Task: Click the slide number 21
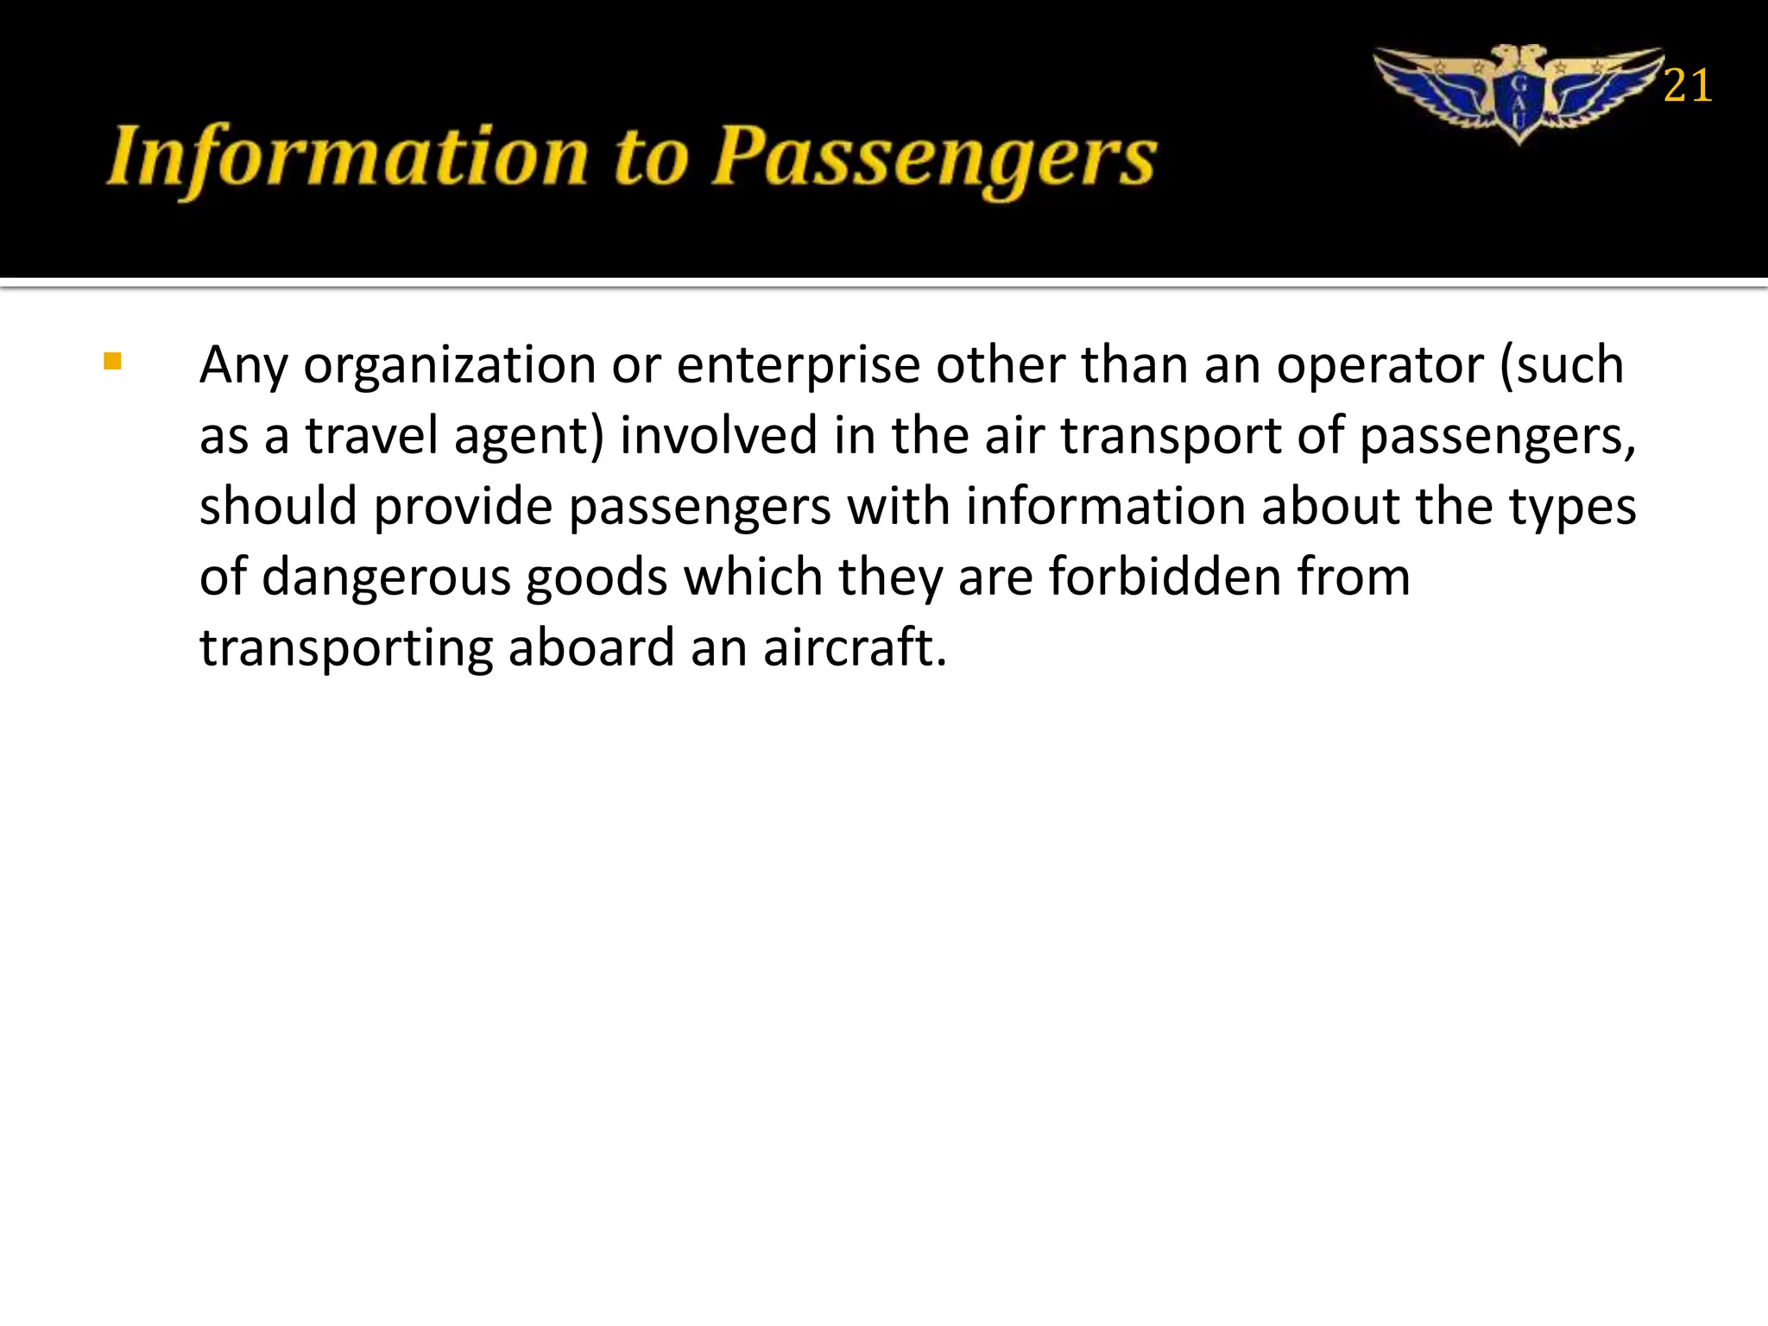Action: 1687,86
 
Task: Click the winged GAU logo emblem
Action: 1519,93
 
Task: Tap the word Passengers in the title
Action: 933,159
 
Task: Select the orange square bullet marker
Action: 112,361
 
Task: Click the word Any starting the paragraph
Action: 243,366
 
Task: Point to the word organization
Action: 449,366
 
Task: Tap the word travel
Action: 372,435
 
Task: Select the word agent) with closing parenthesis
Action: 528,437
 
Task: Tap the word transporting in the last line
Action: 346,649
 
